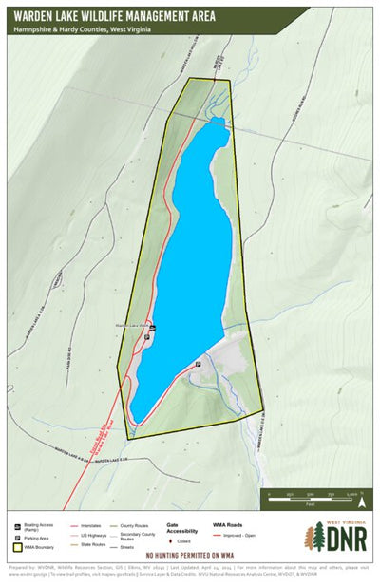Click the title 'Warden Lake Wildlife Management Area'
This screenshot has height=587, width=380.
coord(113,16)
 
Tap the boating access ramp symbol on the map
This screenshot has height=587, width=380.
coord(153,328)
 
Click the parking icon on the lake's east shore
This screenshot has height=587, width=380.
coord(199,365)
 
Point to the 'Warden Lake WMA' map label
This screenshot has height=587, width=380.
coord(132,326)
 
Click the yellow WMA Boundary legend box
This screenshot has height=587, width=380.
coord(18,548)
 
